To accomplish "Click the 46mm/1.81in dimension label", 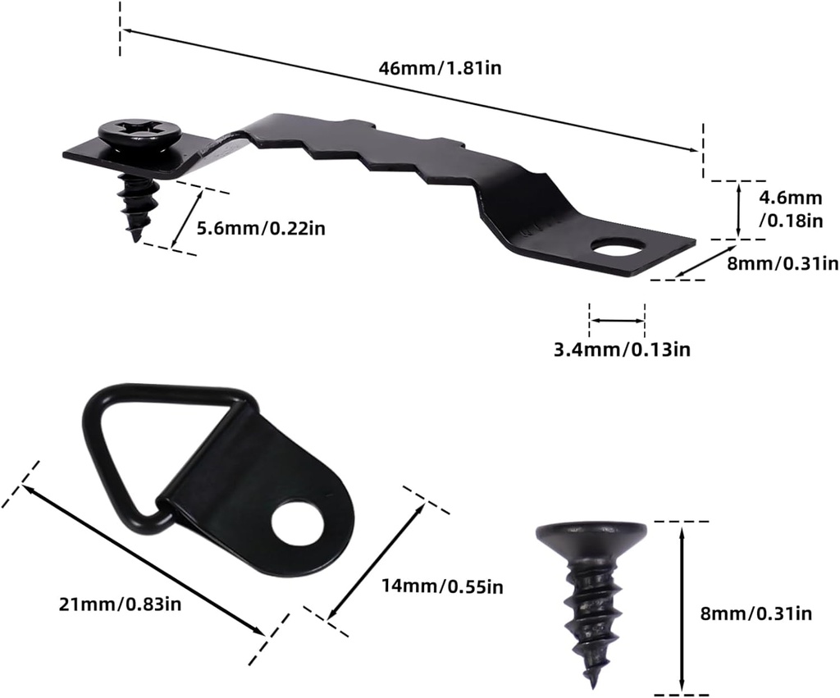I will (x=440, y=69).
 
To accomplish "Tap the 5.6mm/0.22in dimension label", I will (x=261, y=228).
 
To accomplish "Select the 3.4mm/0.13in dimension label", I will (x=620, y=350).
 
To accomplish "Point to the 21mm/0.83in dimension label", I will (x=120, y=604).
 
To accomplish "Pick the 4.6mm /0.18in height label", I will (x=791, y=208).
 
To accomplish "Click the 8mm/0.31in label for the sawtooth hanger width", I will (x=782, y=263).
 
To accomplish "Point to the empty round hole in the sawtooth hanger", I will (x=618, y=246).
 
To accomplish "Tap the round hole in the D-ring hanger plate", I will (x=297, y=526).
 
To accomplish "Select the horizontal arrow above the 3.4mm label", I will (x=617, y=321).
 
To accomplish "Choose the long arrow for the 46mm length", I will (x=410, y=90).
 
